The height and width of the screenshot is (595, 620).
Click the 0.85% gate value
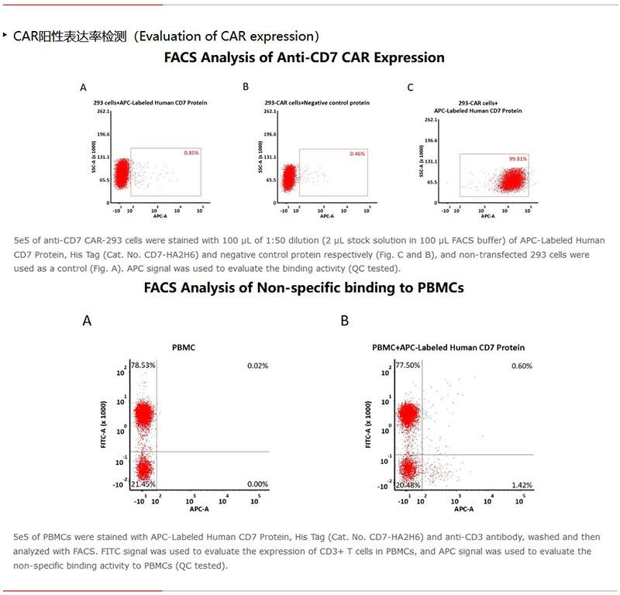click(x=191, y=153)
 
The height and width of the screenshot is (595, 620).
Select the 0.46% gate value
click(x=357, y=154)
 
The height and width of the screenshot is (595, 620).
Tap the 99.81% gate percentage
click(x=518, y=159)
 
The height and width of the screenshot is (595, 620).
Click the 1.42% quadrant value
click(x=522, y=485)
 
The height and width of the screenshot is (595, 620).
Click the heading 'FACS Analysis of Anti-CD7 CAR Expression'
click(x=305, y=58)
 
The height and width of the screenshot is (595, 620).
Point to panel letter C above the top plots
click(x=411, y=88)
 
